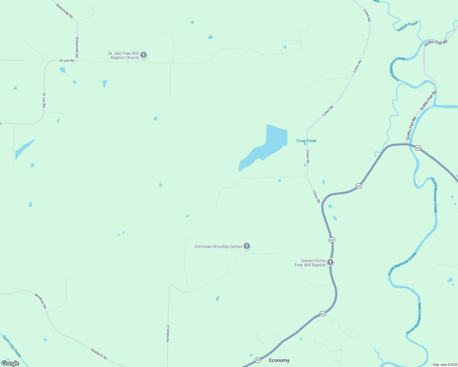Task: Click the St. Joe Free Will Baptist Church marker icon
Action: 144,55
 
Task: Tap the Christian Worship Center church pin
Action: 247,246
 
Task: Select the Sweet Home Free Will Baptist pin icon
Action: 330,262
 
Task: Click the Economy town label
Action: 279,360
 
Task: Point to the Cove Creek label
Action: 306,141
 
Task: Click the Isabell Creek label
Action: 407,26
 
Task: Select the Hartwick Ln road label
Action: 168,334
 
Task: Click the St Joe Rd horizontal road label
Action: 67,61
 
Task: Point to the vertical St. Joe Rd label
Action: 44,100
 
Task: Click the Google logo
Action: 10,363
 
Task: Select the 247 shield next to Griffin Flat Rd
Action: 418,148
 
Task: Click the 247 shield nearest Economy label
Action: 258,360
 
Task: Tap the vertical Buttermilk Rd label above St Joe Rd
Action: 77,47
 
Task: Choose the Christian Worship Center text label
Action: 218,247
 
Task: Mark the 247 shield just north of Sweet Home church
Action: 332,240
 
